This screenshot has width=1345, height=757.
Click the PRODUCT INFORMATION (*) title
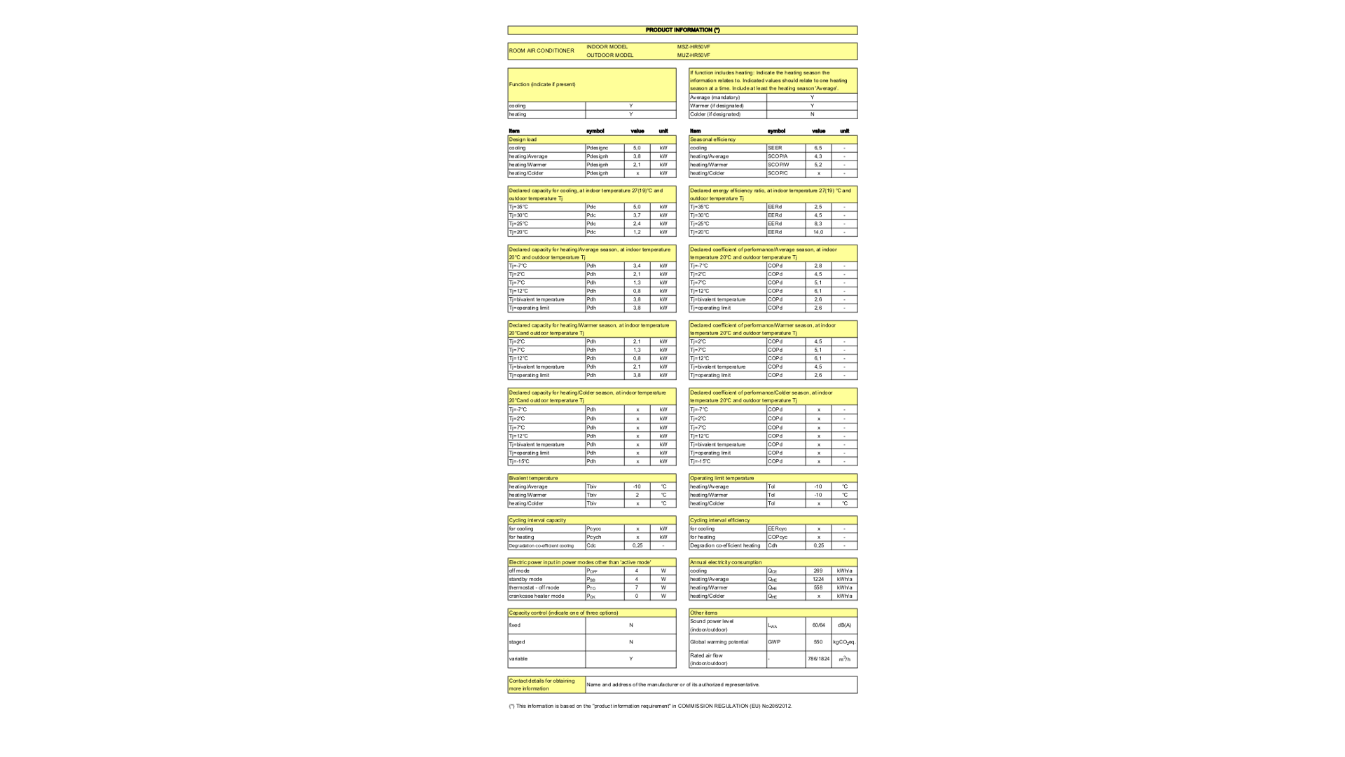point(682,30)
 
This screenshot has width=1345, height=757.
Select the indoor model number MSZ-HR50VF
point(694,47)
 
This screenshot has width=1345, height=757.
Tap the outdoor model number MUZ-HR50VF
point(694,55)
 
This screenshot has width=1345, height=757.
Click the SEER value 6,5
point(818,148)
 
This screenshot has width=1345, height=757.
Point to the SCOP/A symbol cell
point(778,156)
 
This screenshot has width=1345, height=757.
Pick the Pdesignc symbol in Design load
point(598,148)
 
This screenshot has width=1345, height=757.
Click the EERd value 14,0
point(818,232)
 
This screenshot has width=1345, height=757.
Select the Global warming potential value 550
point(818,642)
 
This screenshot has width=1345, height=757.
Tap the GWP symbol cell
point(774,642)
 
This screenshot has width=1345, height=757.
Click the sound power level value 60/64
point(818,625)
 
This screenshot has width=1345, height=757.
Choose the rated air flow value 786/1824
point(818,659)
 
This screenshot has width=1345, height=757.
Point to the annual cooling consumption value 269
point(818,571)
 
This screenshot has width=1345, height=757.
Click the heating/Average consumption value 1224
point(818,579)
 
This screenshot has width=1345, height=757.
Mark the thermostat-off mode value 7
point(637,587)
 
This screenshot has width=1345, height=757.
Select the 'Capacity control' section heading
point(563,613)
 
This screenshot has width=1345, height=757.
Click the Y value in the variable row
point(630,659)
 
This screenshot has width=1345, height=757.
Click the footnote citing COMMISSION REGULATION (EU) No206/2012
point(650,706)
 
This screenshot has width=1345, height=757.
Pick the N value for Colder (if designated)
point(812,114)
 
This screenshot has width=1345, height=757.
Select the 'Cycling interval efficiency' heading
point(719,520)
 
